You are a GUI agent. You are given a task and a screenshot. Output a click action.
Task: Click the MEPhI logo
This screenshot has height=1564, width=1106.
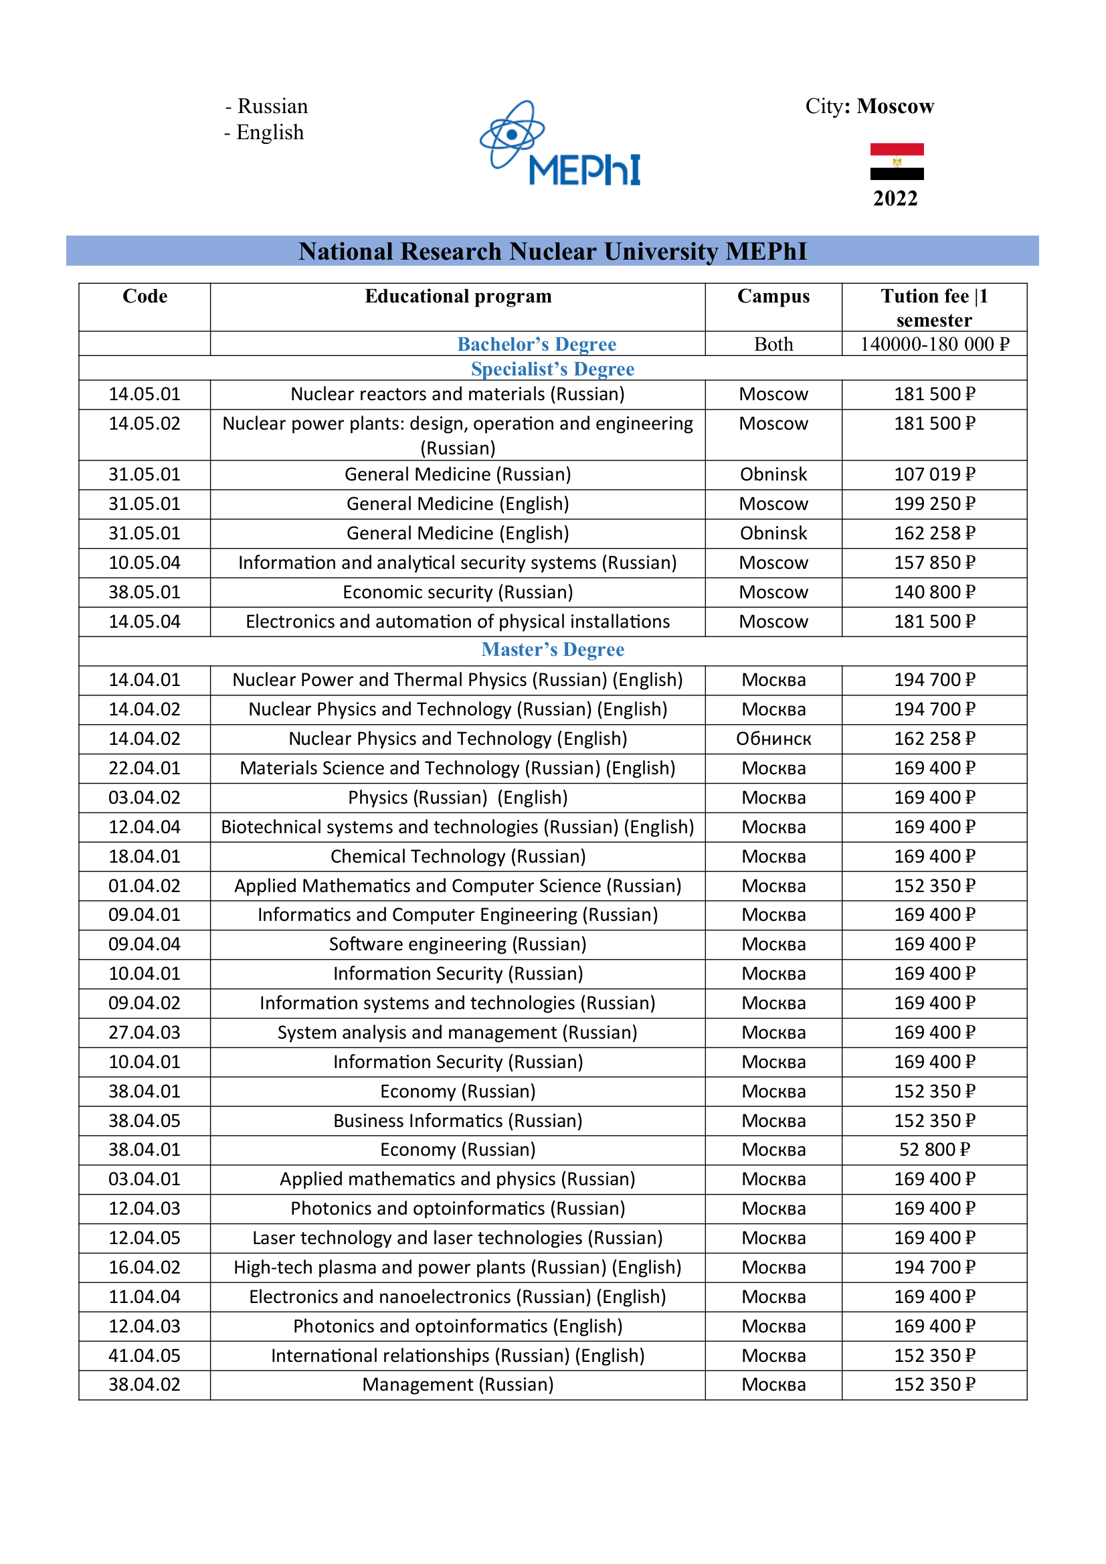pyautogui.click(x=560, y=145)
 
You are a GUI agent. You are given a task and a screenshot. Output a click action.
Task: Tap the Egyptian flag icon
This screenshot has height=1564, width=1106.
pyautogui.click(x=897, y=161)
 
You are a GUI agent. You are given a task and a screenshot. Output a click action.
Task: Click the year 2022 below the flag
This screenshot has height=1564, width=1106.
pyautogui.click(x=895, y=198)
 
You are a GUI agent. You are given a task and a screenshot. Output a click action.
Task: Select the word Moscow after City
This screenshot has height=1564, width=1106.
pyautogui.click(x=895, y=106)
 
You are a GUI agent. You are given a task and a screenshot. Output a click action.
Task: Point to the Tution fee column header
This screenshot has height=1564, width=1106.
pyautogui.click(x=933, y=307)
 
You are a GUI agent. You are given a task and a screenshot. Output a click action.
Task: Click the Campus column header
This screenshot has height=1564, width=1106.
pyautogui.click(x=773, y=296)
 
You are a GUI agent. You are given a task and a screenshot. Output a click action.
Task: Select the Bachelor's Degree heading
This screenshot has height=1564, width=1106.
pyautogui.click(x=537, y=344)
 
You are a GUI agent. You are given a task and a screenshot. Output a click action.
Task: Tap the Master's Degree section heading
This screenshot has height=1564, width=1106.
pyautogui.click(x=552, y=649)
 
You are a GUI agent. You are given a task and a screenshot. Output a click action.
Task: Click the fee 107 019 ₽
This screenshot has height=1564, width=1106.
pyautogui.click(x=933, y=474)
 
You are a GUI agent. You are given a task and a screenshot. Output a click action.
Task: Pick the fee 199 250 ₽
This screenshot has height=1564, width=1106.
pyautogui.click(x=933, y=503)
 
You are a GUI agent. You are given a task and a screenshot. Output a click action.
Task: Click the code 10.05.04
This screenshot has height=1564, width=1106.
pyautogui.click(x=145, y=563)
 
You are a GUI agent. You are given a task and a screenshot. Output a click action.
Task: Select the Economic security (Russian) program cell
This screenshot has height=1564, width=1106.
pyautogui.click(x=458, y=592)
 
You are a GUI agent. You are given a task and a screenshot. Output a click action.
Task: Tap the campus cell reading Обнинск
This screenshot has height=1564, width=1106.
pyautogui.click(x=773, y=738)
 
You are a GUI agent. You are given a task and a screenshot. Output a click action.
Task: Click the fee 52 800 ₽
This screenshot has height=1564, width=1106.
pyautogui.click(x=933, y=1149)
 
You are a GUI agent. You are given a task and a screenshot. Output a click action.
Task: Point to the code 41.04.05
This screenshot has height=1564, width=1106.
pyautogui.click(x=145, y=1356)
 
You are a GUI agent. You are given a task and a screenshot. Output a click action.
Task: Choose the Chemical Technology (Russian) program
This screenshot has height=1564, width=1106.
pyautogui.click(x=458, y=856)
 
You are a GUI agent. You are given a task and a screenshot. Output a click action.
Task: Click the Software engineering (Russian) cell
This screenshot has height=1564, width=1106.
pyautogui.click(x=458, y=944)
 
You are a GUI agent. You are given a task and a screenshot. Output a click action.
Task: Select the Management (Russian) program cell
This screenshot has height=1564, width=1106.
pyautogui.click(x=458, y=1385)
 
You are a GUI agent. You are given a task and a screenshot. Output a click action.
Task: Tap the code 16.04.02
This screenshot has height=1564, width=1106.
pyautogui.click(x=145, y=1267)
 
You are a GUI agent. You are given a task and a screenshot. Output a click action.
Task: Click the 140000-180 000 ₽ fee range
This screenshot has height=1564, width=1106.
pyautogui.click(x=933, y=344)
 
